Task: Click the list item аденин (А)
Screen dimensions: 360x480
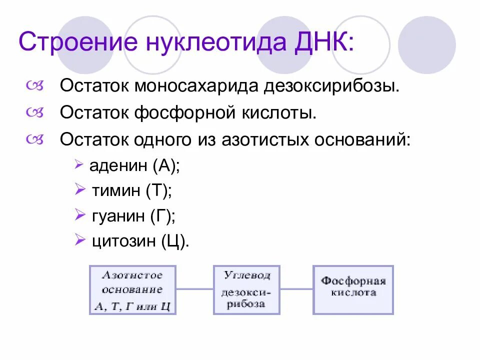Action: [x=134, y=165]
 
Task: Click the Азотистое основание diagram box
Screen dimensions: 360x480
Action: [x=132, y=290]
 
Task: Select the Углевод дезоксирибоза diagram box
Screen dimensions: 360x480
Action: [x=246, y=290]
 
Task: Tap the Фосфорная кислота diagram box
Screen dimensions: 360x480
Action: [x=353, y=290]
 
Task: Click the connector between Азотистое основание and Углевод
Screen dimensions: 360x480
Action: [x=194, y=288]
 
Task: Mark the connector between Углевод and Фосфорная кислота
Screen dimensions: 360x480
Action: [x=296, y=288]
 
